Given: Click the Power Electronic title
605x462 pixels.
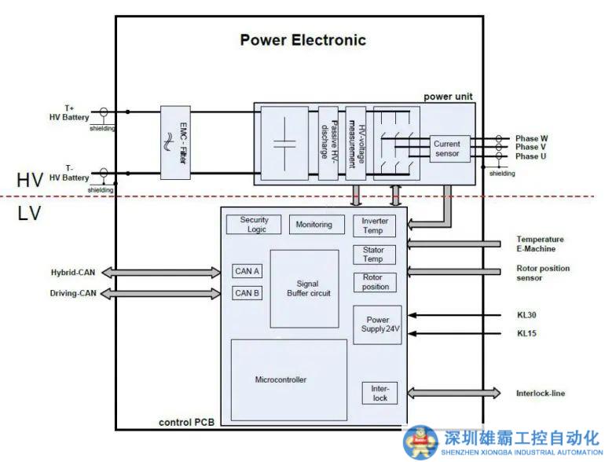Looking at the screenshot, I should pyautogui.click(x=302, y=40).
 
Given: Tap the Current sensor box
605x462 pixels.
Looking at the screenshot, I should pyautogui.click(x=447, y=148).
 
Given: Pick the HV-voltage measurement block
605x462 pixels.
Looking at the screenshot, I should pyautogui.click(x=355, y=141).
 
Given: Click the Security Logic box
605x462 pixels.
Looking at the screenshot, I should pyautogui.click(x=254, y=224).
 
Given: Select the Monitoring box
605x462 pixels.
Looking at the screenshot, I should pyautogui.click(x=313, y=225).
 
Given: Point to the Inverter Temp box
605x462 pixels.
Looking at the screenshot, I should pyautogui.click(x=375, y=226).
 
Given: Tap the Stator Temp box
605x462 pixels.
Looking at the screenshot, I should pyautogui.click(x=373, y=255).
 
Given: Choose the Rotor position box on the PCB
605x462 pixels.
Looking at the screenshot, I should pyautogui.click(x=375, y=282).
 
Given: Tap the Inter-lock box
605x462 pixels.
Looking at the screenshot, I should pyautogui.click(x=380, y=393).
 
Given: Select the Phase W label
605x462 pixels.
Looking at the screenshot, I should pyautogui.click(x=532, y=138).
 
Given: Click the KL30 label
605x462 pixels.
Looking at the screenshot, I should pyautogui.click(x=526, y=315).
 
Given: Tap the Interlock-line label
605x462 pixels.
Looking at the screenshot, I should pyautogui.click(x=541, y=393).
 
